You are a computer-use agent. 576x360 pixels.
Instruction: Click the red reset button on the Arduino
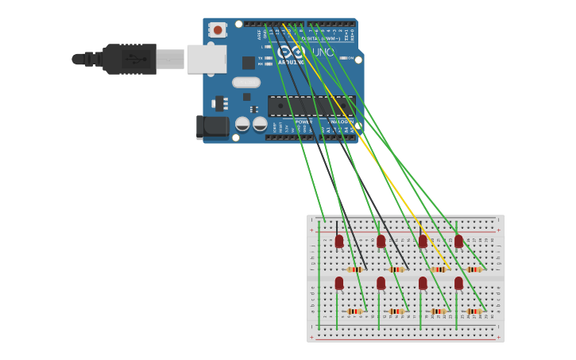pyautogui.click(x=217, y=29)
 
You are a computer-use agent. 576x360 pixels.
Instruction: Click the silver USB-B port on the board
pyautogui.click(x=206, y=59)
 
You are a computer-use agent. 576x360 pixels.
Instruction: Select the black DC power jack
pyautogui.click(x=211, y=126)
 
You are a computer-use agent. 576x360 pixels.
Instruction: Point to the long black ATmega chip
pyautogui.click(x=309, y=106)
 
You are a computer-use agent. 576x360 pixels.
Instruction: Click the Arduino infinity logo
pyautogui.click(x=291, y=52)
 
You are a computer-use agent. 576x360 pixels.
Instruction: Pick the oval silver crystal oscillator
pyautogui.click(x=246, y=82)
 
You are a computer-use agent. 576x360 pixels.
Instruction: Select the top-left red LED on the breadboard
pyautogui.click(x=339, y=241)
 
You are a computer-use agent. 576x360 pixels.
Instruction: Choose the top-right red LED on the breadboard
pyautogui.click(x=458, y=241)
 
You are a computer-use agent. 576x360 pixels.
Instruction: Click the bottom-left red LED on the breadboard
pyautogui.click(x=339, y=283)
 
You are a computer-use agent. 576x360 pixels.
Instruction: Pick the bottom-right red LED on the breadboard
pyautogui.click(x=458, y=283)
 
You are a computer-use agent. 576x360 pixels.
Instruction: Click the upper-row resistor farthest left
pyautogui.click(x=355, y=269)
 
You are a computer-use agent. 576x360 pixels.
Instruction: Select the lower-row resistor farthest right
pyautogui.click(x=474, y=312)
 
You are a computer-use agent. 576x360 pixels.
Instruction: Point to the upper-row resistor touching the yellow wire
pyautogui.click(x=438, y=269)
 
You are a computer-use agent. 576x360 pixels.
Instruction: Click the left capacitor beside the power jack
pyautogui.click(x=242, y=124)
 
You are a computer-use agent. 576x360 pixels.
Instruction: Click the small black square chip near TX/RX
pyautogui.click(x=249, y=63)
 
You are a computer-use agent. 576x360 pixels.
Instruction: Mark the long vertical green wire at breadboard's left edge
pyautogui.click(x=319, y=274)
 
